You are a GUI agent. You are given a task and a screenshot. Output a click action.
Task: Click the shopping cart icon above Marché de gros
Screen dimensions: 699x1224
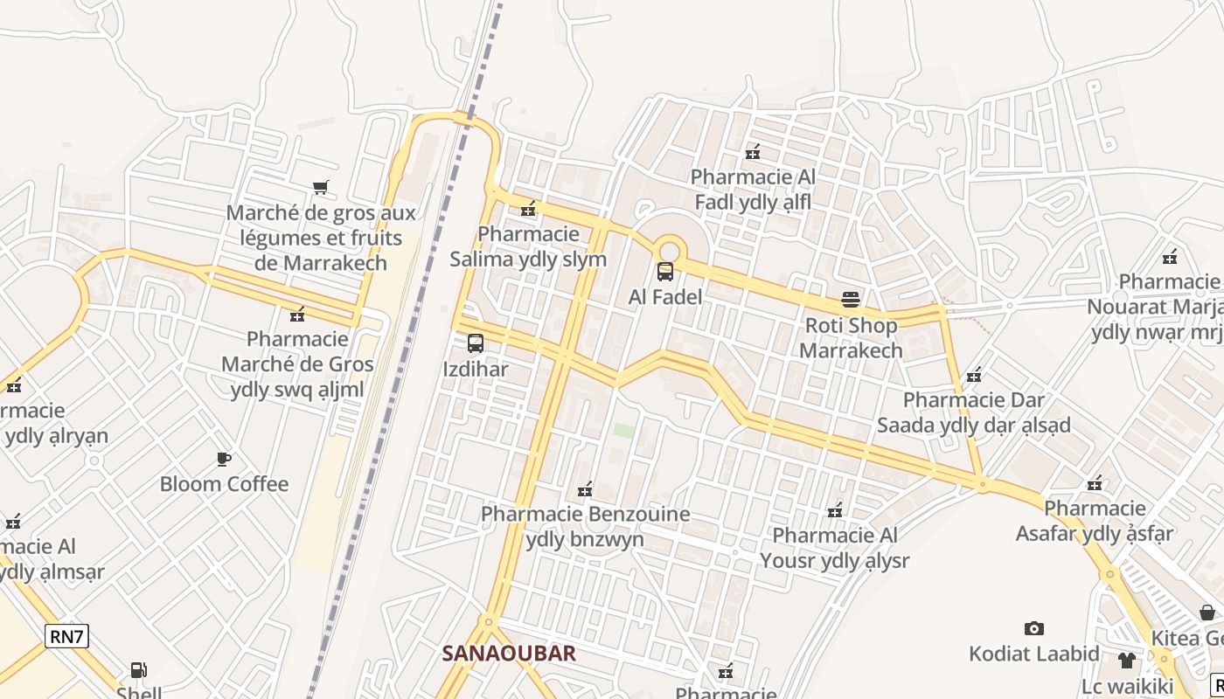[x=321, y=187]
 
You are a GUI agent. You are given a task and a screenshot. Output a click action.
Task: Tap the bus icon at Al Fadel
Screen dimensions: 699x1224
[x=665, y=272]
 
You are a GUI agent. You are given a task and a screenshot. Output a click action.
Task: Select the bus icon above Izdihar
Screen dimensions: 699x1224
[x=476, y=343]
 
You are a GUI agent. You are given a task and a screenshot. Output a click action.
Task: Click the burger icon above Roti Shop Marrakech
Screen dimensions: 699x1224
[x=851, y=301]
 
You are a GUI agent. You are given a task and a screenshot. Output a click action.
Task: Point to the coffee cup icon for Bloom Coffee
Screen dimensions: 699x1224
[x=224, y=459]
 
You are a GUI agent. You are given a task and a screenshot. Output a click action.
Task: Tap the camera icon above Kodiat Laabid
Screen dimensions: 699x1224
[x=1034, y=628]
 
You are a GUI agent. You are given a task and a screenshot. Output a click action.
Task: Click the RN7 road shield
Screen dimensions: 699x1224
[x=67, y=636]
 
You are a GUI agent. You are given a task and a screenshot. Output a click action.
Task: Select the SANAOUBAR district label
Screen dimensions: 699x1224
[x=509, y=654]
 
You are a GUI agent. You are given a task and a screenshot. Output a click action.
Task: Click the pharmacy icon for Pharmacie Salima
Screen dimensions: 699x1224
[x=528, y=209]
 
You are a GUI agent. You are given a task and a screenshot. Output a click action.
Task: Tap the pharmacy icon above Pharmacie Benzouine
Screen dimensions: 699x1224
[x=586, y=489]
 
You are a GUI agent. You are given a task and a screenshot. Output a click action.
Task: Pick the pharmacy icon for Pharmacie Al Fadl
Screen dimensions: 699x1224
[x=753, y=152]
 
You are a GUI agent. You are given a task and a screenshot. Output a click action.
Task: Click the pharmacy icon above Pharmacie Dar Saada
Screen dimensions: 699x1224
[x=974, y=376]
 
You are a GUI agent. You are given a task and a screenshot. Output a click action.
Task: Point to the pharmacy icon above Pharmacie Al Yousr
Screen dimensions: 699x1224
[x=836, y=510]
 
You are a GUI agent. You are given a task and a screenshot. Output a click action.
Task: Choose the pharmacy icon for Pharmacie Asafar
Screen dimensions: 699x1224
[x=1095, y=483]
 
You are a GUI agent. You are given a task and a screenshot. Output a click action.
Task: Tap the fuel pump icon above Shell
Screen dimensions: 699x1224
[x=138, y=670]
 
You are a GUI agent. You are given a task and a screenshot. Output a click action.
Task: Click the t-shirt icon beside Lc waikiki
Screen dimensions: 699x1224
[x=1126, y=660]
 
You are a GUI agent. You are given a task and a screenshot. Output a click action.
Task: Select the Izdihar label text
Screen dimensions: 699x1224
[x=476, y=370]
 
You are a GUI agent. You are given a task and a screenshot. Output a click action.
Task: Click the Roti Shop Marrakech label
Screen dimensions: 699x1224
[x=851, y=338]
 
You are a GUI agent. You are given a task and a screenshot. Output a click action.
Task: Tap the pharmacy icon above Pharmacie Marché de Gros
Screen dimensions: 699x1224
[x=297, y=314]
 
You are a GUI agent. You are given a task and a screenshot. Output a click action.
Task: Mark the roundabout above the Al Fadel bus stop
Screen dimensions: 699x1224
[x=669, y=249]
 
